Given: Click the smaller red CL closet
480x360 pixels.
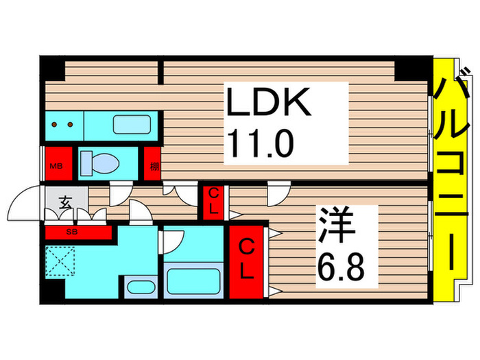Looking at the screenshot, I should click(213, 202).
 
